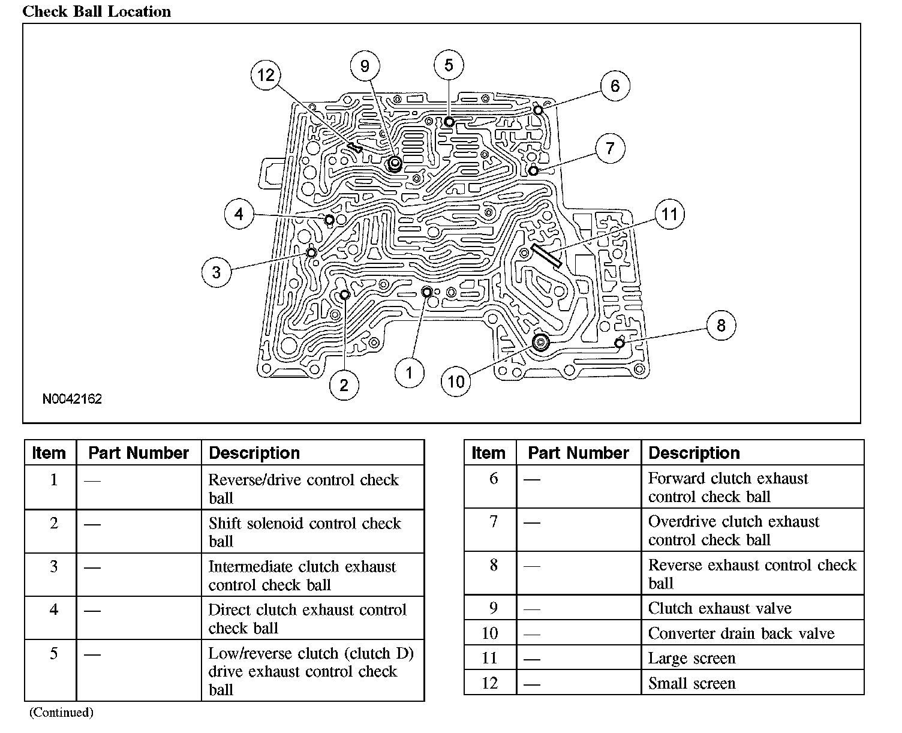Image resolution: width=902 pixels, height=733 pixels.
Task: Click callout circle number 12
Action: point(266,75)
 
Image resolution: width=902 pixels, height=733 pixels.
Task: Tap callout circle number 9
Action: point(365,66)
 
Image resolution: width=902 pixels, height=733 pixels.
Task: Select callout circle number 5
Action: point(449,65)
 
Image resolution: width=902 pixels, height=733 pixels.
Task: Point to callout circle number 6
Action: point(615,86)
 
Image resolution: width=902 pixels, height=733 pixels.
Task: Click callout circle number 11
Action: point(669,214)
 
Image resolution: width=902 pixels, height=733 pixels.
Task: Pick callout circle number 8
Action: point(720,326)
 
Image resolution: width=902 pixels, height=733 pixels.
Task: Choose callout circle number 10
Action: point(456,381)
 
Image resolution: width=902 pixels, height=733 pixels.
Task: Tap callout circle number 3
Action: point(217,272)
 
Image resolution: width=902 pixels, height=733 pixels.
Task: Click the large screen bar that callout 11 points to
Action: point(546,256)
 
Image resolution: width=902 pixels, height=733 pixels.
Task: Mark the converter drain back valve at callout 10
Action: point(541,342)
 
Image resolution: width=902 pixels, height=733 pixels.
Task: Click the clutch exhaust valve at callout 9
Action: point(394,164)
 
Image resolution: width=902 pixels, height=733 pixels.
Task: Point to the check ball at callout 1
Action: point(427,292)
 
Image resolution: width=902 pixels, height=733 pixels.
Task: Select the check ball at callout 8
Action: point(620,343)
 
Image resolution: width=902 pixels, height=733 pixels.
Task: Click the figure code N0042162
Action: point(72,399)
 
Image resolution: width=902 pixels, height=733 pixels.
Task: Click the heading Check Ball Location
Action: point(97,11)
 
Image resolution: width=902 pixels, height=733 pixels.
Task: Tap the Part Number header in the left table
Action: point(139,453)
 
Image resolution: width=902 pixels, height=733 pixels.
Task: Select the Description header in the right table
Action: point(694,453)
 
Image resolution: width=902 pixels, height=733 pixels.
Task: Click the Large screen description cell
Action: point(691,658)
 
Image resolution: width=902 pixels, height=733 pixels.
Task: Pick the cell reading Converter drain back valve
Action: point(741,633)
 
